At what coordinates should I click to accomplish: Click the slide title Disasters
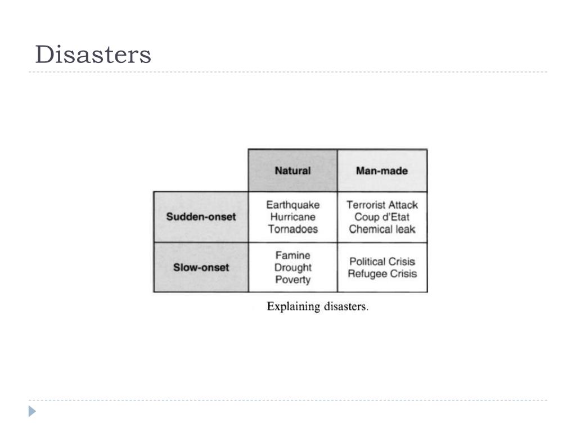[93, 55]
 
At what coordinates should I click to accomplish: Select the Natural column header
[292, 171]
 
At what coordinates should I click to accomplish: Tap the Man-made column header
[382, 171]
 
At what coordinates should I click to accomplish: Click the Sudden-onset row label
[201, 217]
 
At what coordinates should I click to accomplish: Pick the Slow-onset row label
[201, 268]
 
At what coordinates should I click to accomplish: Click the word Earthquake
[292, 205]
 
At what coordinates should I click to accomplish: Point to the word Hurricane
[292, 217]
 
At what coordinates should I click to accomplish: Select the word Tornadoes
[292, 229]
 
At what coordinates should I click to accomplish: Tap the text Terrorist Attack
[382, 205]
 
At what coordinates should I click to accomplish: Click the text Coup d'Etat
[382, 217]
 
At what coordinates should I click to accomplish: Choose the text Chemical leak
[382, 229]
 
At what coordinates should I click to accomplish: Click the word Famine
[292, 255]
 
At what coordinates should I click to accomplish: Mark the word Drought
[292, 268]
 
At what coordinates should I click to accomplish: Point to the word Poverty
[292, 280]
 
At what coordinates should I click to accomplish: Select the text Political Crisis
[382, 262]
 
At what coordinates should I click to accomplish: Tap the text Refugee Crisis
[382, 274]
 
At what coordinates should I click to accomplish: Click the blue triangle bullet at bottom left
[32, 411]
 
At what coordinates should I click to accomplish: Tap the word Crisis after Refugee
[402, 274]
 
